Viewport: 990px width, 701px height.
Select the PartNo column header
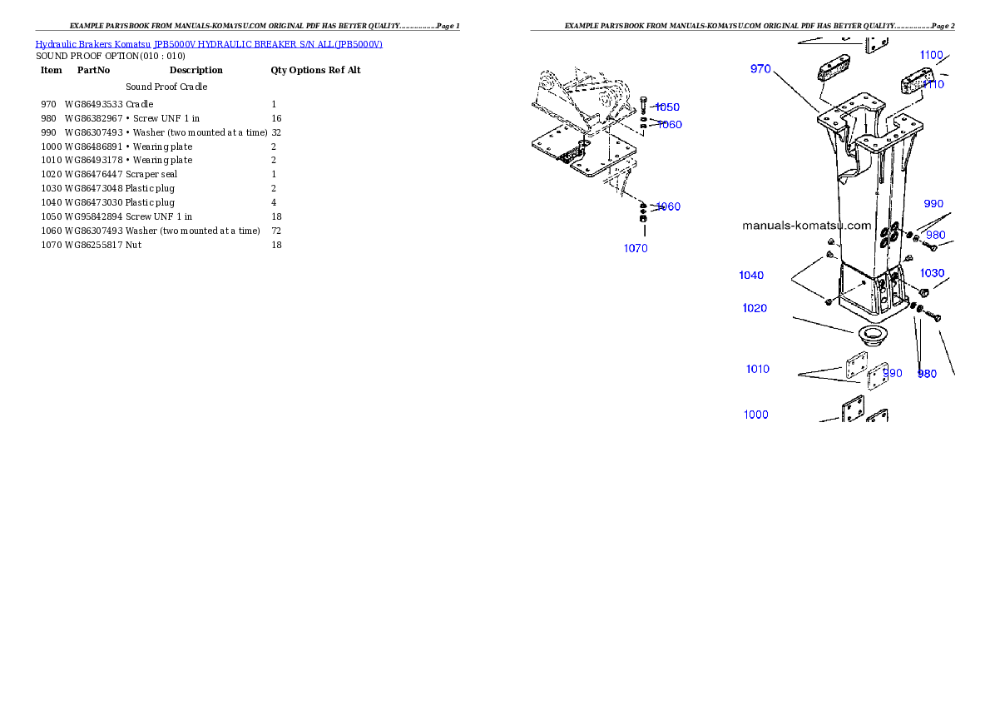(x=93, y=70)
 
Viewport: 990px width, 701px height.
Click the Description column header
(x=196, y=70)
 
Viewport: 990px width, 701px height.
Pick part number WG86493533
(x=93, y=104)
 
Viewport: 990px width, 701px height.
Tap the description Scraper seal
(x=151, y=175)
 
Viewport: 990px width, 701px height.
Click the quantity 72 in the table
(x=276, y=231)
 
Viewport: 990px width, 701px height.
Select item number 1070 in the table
(x=51, y=246)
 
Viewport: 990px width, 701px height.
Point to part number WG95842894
(x=93, y=216)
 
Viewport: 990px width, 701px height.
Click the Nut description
(x=133, y=246)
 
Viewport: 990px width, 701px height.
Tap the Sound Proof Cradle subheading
(x=166, y=87)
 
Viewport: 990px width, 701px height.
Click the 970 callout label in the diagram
(x=760, y=69)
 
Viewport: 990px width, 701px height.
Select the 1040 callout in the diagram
(x=751, y=275)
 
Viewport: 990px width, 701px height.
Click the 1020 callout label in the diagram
(x=755, y=308)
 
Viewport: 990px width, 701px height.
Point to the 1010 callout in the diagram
(x=758, y=369)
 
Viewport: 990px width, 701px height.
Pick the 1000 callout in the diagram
(x=755, y=415)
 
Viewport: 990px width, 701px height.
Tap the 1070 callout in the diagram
(x=636, y=248)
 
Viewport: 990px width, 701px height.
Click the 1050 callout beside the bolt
(x=667, y=107)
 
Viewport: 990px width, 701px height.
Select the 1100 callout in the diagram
(x=931, y=55)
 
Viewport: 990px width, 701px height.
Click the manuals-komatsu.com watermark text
(x=807, y=226)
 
